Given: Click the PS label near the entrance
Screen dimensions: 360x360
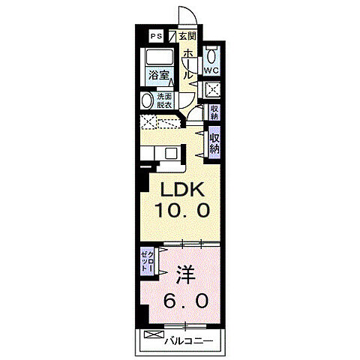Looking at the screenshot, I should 157,36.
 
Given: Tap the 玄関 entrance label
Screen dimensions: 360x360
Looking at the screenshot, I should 187,36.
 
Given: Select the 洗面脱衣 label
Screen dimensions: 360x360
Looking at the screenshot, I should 164,100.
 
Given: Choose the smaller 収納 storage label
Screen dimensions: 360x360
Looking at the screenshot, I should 214,112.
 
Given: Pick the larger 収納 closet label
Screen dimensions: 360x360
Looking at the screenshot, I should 214,142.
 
